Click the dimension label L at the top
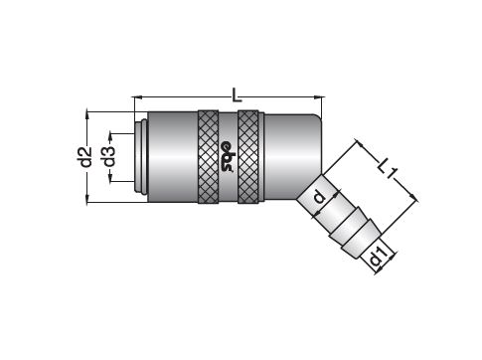pyautogui.click(x=237, y=94)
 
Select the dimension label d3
pyautogui.click(x=109, y=157)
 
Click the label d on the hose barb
pyautogui.click(x=319, y=198)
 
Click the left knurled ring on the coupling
pyautogui.click(x=208, y=156)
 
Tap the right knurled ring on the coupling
pyautogui.click(x=248, y=156)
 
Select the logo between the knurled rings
pyautogui.click(x=229, y=157)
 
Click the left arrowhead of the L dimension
pyautogui.click(x=137, y=97)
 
